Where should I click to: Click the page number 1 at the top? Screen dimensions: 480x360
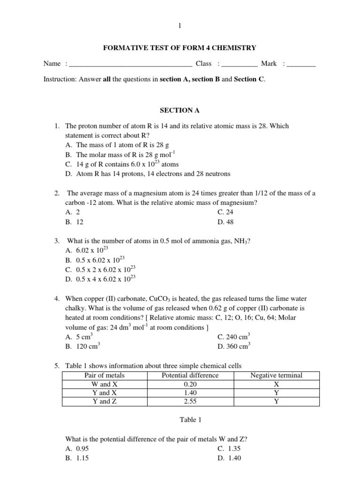(180, 26)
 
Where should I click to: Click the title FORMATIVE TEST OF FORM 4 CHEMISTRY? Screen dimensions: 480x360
(180, 48)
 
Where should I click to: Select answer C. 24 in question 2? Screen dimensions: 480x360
(226, 212)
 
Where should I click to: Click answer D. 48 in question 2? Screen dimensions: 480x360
(226, 222)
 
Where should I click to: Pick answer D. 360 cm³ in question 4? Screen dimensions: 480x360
(234, 347)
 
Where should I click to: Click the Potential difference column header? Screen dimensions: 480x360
(190, 375)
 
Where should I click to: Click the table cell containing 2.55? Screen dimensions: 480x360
(190, 401)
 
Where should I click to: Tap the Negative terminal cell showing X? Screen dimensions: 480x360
(276, 384)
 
